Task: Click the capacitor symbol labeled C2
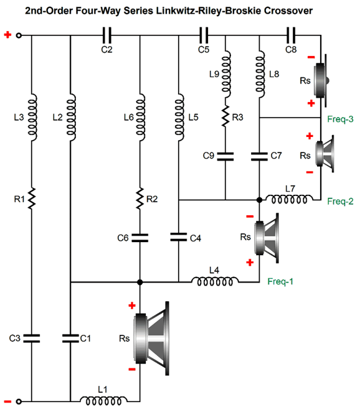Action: pos(107,35)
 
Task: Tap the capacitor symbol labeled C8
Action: pos(291,35)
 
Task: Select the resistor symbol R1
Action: pos(32,199)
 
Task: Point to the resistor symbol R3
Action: pos(225,116)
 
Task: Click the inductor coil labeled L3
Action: pos(32,117)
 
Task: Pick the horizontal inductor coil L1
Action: pos(103,400)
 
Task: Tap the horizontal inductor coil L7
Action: pos(289,199)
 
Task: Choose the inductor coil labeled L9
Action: pos(226,75)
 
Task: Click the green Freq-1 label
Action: pos(280,281)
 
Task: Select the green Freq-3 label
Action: pos(340,119)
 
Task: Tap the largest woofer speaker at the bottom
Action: pos(151,339)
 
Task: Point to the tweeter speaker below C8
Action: pos(321,81)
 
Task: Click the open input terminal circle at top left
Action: pos(19,35)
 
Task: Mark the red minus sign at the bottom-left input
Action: pos(7,401)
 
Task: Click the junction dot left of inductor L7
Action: pos(259,200)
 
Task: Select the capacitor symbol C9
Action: pos(225,156)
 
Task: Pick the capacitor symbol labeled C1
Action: pos(70,338)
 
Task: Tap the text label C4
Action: pos(196,238)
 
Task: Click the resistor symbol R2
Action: pos(140,199)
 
